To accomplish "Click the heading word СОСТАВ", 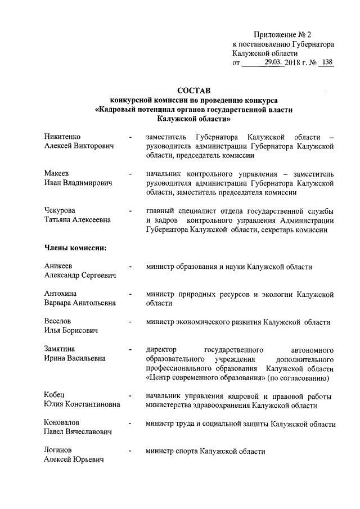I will point(194,90).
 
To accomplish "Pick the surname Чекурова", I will point(60,210).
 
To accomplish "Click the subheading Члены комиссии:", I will point(75,247).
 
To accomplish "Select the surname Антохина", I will point(61,294).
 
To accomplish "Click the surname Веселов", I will point(58,321).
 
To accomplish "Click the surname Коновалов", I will point(61,422).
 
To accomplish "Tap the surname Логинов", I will point(58,451).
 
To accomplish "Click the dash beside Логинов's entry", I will point(130,451).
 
